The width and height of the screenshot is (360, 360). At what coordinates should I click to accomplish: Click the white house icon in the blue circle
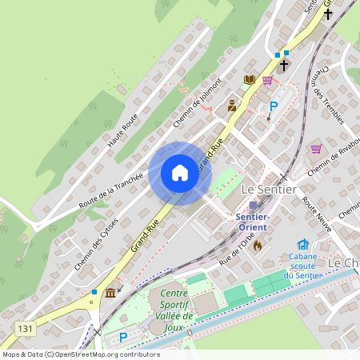click(180, 173)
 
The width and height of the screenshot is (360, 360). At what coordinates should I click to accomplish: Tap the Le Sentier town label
click(269, 190)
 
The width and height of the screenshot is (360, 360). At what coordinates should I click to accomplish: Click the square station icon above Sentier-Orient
click(254, 206)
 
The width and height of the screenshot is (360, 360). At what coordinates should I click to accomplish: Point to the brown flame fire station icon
click(257, 246)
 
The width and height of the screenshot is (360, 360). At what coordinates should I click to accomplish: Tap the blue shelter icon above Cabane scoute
click(302, 245)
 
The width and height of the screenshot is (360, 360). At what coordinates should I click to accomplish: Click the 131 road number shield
click(25, 328)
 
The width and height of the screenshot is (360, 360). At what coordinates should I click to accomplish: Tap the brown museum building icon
click(110, 294)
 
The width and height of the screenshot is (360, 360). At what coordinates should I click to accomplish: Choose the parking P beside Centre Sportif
click(122, 338)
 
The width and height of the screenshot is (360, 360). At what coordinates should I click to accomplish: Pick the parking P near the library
click(273, 106)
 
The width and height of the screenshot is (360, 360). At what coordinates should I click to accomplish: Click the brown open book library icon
click(250, 79)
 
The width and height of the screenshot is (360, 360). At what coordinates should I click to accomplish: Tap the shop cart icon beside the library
click(267, 79)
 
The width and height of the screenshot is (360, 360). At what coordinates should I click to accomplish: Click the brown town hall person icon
click(233, 105)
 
